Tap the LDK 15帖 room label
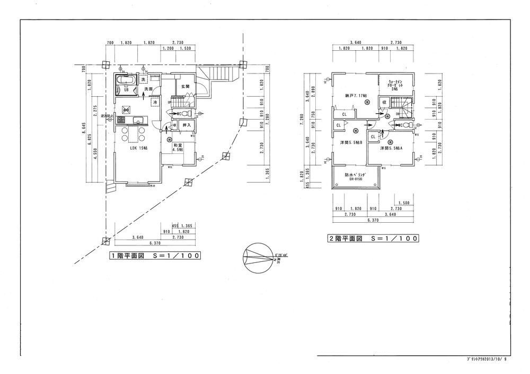139,149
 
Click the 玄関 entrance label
185,86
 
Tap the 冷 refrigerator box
155,102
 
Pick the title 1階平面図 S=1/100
154,256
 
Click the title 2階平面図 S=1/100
373,239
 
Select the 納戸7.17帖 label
352,95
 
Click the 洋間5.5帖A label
392,149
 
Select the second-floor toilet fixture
404,125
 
